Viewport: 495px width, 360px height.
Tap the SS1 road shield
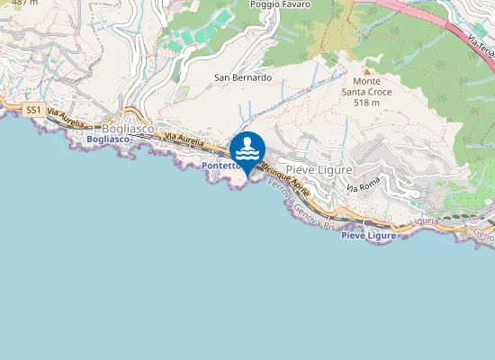[34, 110]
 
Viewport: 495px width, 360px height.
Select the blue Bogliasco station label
[109, 139]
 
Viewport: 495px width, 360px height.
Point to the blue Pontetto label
[220, 166]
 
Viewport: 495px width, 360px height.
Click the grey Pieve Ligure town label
[319, 169]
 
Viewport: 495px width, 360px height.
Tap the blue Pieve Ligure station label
[368, 235]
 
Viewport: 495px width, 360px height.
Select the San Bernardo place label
[242, 77]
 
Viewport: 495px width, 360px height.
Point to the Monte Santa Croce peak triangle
[366, 69]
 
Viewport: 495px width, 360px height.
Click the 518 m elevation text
[365, 103]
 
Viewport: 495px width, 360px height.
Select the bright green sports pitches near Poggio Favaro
[189, 38]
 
